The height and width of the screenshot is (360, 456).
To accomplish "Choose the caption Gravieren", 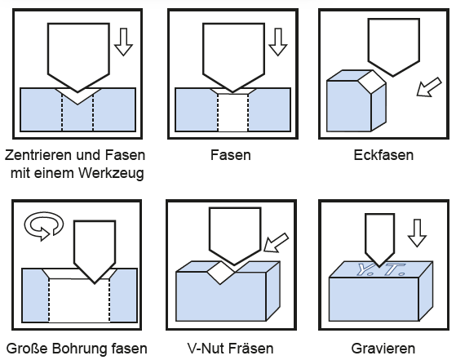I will [x=378, y=347].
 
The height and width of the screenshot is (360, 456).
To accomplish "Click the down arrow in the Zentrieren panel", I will [x=124, y=42].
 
